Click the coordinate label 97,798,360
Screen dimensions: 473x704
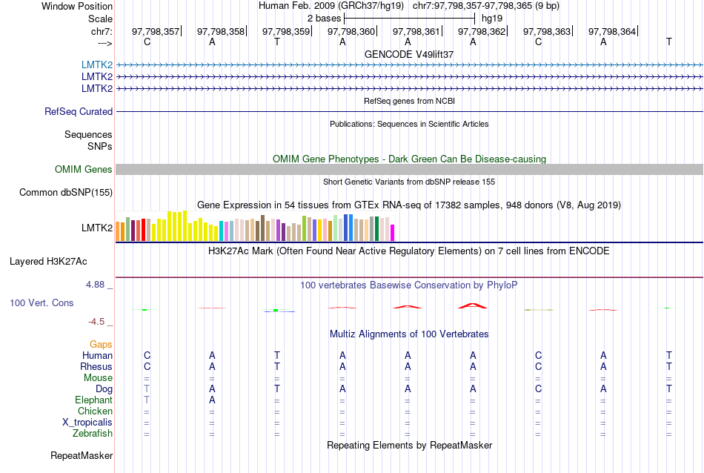pos(351,32)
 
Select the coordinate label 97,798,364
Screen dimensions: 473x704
pos(612,32)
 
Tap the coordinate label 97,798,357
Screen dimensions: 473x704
pos(156,32)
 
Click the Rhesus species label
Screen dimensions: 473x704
pos(96,367)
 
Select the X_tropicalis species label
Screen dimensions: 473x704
pos(87,423)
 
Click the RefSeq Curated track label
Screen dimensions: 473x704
pos(79,112)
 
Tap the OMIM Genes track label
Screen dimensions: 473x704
pos(84,170)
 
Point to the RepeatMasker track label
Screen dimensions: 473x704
pos(82,455)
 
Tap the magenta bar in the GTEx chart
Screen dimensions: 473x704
pos(393,232)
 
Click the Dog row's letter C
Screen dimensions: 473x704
pos(539,389)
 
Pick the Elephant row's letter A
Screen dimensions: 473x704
pos(212,400)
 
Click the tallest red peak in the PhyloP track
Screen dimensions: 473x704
pos(473,305)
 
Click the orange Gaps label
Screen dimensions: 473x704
pos(101,345)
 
